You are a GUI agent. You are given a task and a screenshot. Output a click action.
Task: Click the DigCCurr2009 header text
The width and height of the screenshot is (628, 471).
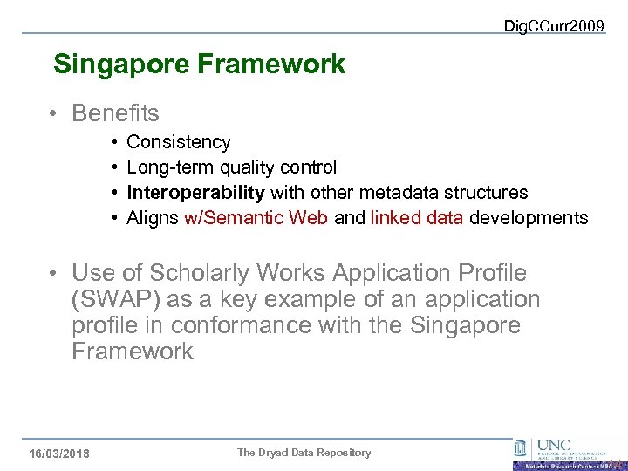pyautogui.click(x=554, y=26)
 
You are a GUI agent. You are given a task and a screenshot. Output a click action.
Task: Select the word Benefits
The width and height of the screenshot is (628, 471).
pyautogui.click(x=116, y=113)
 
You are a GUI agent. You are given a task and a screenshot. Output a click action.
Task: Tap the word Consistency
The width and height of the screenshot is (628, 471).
pyautogui.click(x=179, y=142)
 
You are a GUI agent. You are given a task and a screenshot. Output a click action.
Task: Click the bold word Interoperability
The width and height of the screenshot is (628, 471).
pyautogui.click(x=195, y=193)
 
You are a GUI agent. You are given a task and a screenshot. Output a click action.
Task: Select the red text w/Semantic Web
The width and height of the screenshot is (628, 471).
pyautogui.click(x=256, y=218)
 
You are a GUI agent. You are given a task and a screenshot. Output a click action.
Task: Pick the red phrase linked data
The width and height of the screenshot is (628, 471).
pyautogui.click(x=417, y=218)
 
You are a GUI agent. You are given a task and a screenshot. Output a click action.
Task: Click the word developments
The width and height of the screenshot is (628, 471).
pyautogui.click(x=529, y=218)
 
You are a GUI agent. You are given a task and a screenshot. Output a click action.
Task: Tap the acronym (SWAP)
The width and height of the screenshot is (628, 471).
pyautogui.click(x=115, y=299)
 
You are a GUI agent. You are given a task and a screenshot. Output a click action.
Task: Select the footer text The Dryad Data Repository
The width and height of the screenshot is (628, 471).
pyautogui.click(x=304, y=453)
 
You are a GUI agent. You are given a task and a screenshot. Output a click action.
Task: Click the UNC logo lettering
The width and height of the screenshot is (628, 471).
pyautogui.click(x=555, y=443)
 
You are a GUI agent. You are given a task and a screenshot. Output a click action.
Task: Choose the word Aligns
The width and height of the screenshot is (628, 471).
pyautogui.click(x=153, y=218)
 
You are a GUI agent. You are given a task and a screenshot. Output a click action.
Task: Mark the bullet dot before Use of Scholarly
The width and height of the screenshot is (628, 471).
pyautogui.click(x=54, y=274)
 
